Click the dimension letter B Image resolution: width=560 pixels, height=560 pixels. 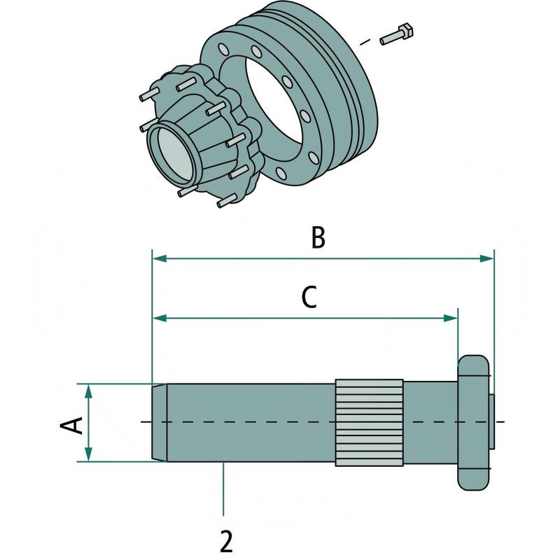(318, 238)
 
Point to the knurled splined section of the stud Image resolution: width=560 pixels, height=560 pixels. (369, 423)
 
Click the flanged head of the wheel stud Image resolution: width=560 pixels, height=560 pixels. (473, 423)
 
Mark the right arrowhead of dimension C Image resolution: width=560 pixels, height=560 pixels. (451, 318)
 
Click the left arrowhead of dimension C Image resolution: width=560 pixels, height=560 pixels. (158, 318)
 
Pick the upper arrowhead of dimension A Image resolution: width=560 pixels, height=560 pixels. (89, 388)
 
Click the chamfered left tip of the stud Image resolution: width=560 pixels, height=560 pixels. (159, 423)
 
